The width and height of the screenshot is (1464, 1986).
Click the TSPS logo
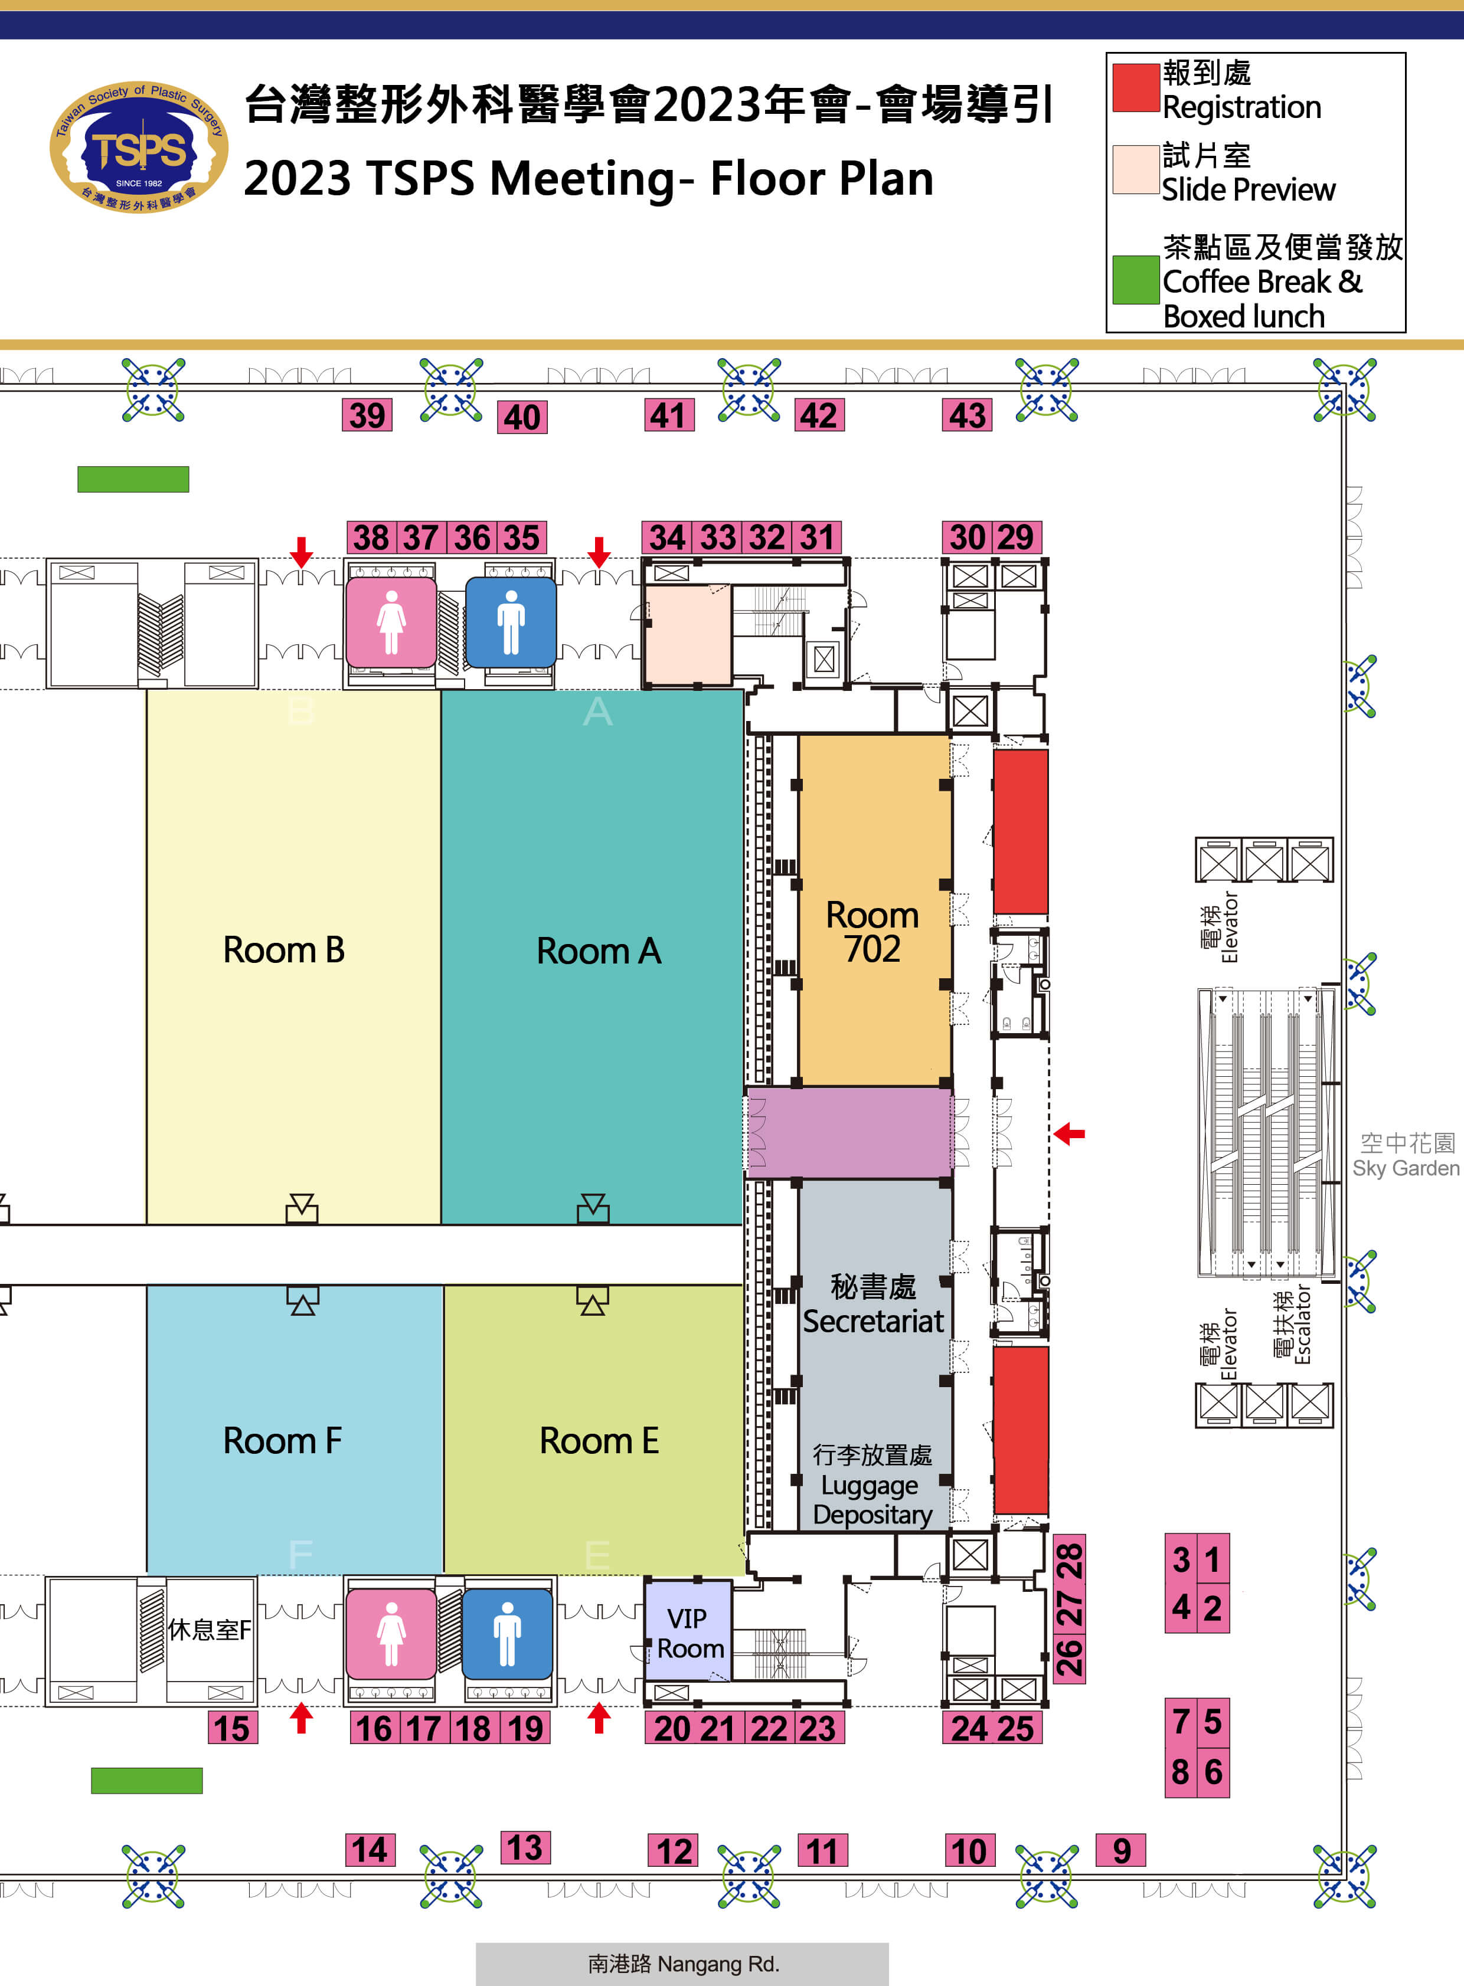[x=139, y=147]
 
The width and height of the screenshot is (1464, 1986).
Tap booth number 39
[x=367, y=415]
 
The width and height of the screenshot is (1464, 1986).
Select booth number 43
[x=967, y=415]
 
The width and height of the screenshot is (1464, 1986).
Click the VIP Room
[x=688, y=1633]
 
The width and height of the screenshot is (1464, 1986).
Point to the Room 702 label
[x=873, y=932]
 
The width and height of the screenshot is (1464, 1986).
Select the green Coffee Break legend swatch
[x=1135, y=280]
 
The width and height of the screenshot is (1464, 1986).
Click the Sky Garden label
[x=1406, y=1156]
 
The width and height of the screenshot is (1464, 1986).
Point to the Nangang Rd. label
[x=682, y=1964]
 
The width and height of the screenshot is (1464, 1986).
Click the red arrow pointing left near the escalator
[x=1070, y=1133]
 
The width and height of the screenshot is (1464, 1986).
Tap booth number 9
[x=1121, y=1850]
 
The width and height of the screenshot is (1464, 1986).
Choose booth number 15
[x=232, y=1728]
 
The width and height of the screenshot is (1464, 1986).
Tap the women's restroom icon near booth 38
[x=391, y=622]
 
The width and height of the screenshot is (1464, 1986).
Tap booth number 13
[x=525, y=1848]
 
